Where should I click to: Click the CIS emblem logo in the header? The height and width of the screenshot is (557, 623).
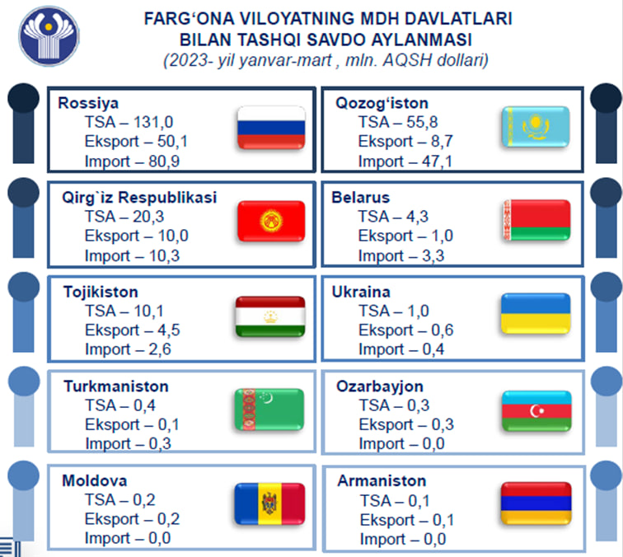tap(49, 35)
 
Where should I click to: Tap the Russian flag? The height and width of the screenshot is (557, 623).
tap(271, 128)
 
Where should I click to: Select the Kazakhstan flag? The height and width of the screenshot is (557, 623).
tap(536, 127)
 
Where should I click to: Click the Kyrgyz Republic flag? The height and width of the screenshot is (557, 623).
tap(271, 222)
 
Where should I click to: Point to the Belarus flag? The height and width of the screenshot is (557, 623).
tap(536, 220)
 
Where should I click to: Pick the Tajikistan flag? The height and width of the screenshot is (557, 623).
tap(270, 316)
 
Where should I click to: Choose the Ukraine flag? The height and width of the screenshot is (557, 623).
tap(536, 313)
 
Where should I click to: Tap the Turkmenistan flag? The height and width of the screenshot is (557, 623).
tap(269, 410)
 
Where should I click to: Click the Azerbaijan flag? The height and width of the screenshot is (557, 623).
tap(536, 411)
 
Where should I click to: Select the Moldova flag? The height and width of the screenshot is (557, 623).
tap(269, 504)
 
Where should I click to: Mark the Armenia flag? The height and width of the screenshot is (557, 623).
tap(536, 503)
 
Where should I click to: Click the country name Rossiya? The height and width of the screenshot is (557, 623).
tap(88, 103)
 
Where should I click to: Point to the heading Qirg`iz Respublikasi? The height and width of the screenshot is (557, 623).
tap(139, 198)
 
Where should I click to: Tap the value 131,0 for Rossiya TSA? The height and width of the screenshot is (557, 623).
tap(153, 122)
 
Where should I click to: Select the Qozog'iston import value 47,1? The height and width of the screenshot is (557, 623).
tap(437, 161)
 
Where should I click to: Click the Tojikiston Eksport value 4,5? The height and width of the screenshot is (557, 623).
tap(169, 330)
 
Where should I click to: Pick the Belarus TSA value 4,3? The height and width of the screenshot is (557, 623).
tap(417, 217)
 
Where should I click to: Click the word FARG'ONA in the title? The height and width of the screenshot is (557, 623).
tap(190, 19)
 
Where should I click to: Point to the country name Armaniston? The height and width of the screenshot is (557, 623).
tap(382, 480)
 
